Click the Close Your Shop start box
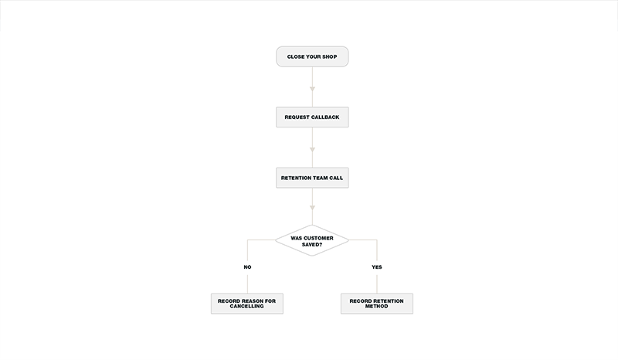click(312, 56)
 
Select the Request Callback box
click(312, 117)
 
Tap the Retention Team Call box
click(312, 178)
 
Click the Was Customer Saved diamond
click(312, 240)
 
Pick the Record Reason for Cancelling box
click(247, 304)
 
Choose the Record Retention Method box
click(377, 304)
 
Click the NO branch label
click(247, 267)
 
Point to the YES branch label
click(377, 267)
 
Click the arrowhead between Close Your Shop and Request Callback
click(312, 89)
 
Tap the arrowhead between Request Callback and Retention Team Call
click(312, 149)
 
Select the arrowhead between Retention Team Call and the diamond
click(312, 207)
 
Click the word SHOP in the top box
click(330, 56)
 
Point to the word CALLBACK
click(325, 117)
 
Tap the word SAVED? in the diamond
click(312, 244)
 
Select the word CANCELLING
click(247, 307)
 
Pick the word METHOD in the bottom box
click(376, 307)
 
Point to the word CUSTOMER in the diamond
click(317, 238)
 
